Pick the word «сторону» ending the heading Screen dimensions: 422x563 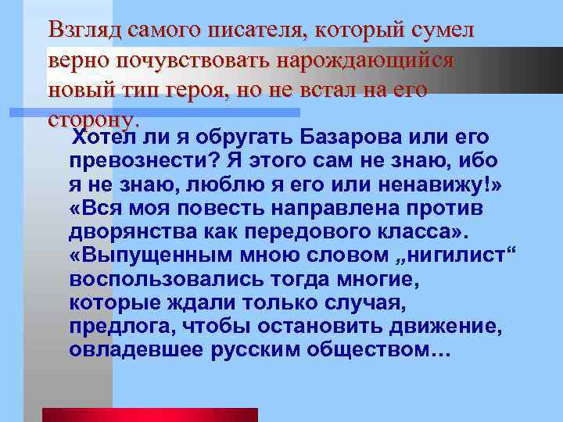point(92,120)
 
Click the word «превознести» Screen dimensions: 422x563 point(144,160)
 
